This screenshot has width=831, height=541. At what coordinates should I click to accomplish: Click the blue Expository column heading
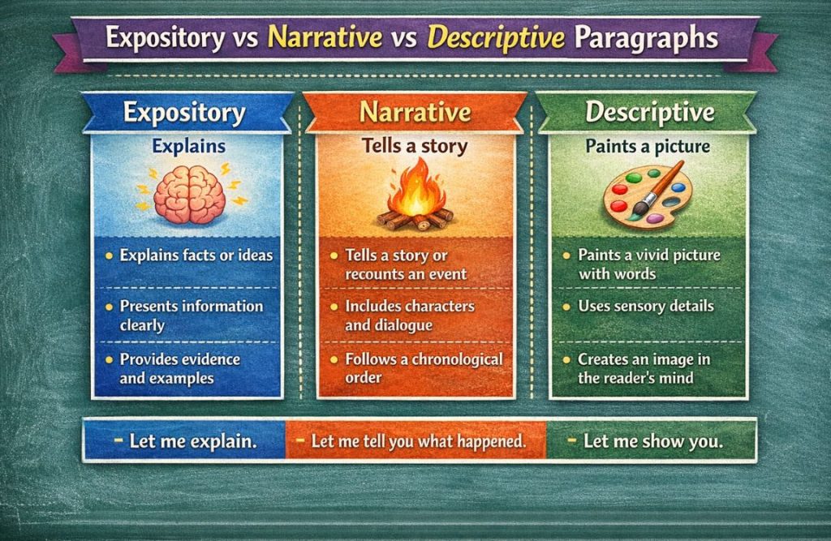[184, 113]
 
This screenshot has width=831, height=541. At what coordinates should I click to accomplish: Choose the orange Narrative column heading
[415, 112]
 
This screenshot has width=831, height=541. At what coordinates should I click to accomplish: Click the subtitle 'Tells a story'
[415, 146]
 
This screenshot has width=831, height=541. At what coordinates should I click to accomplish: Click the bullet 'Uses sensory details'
[645, 307]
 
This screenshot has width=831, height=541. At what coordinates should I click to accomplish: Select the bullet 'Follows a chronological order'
[423, 367]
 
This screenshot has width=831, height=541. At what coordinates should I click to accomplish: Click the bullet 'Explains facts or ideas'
[196, 255]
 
